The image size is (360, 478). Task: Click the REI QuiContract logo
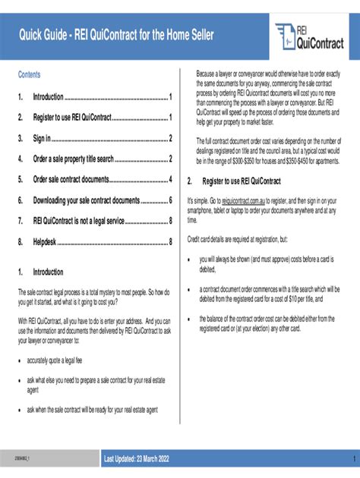point(309,36)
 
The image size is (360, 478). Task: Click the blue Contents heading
point(30,74)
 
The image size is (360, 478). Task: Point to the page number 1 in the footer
point(352,461)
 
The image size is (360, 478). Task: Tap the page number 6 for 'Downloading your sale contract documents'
point(172,200)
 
